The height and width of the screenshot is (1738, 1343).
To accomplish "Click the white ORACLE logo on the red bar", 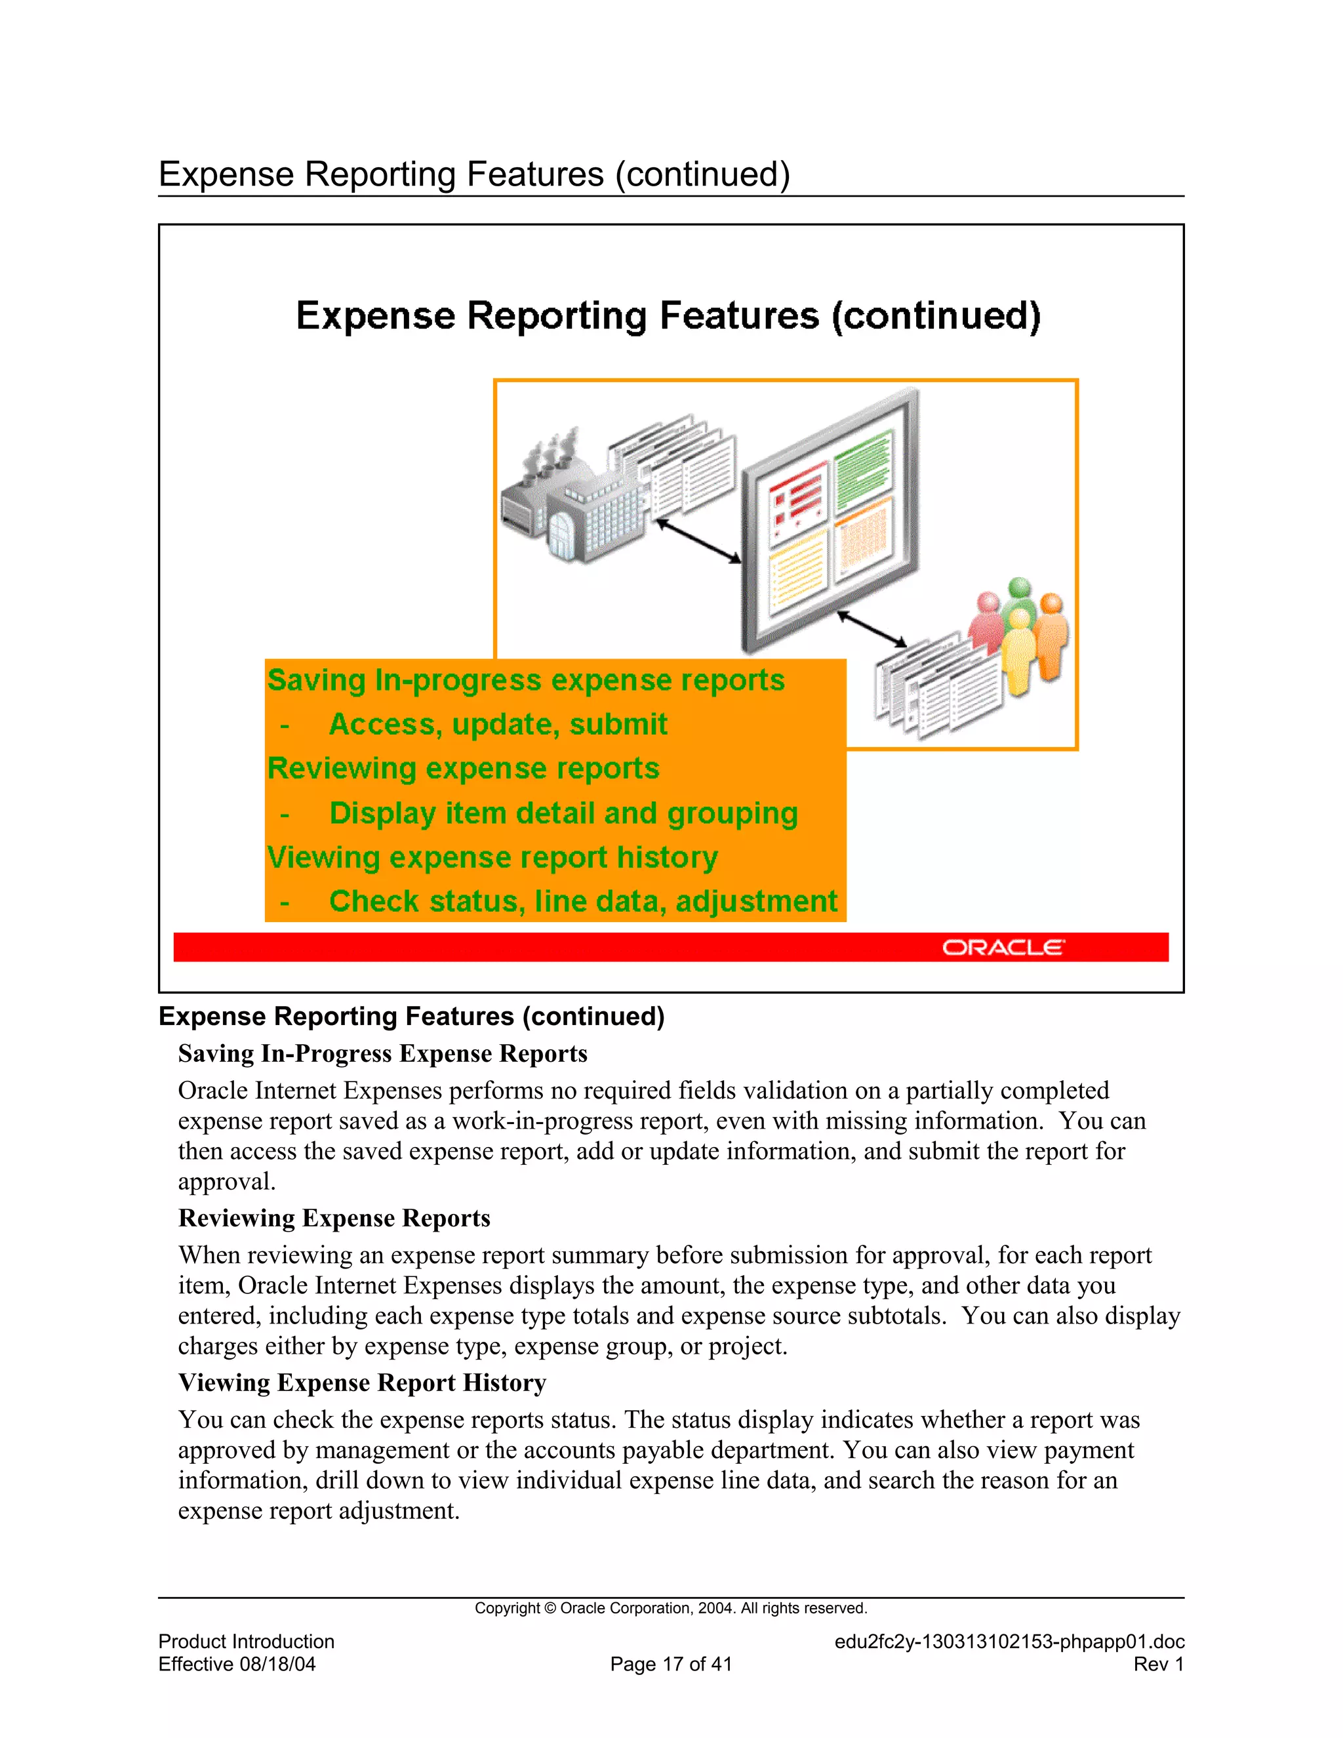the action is click(x=1003, y=947).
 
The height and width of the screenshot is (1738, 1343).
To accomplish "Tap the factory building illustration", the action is click(x=573, y=501).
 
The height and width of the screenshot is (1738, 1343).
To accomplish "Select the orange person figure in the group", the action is click(x=1051, y=637).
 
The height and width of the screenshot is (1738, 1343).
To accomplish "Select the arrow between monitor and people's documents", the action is click(x=872, y=629).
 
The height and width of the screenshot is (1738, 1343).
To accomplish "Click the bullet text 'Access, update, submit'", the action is click(x=498, y=724).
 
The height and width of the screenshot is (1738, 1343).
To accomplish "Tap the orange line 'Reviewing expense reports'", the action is click(x=463, y=768).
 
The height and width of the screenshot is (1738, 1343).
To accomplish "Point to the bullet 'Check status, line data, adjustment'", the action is click(x=582, y=901).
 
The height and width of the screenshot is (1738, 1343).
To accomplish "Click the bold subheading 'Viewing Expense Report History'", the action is click(x=362, y=1383).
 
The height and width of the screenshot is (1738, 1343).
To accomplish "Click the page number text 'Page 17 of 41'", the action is click(x=671, y=1663).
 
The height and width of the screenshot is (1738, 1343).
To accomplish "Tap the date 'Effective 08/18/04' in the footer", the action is click(x=237, y=1663).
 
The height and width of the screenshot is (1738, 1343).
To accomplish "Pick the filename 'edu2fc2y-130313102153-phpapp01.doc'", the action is click(x=1009, y=1641).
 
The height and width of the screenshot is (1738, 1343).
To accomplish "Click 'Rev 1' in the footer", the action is click(x=1159, y=1663).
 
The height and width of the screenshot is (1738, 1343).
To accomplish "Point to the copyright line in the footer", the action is click(x=671, y=1607).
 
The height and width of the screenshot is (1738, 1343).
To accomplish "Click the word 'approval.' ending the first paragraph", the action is click(x=227, y=1181).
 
